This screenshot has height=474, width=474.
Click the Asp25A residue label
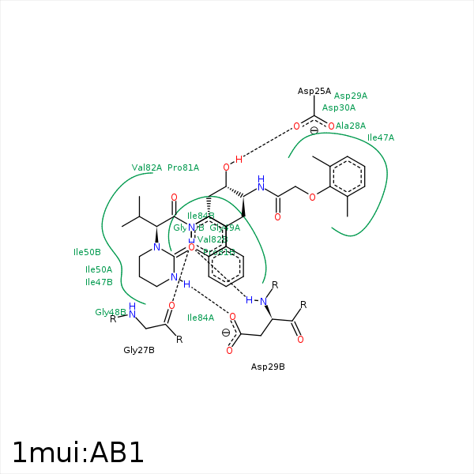314,91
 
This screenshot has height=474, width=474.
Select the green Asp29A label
350,96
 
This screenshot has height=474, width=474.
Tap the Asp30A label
339,107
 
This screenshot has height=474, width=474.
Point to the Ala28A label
351,126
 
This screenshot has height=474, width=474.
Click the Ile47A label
381,137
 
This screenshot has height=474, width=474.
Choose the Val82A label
147,167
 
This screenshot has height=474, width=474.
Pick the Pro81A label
183,167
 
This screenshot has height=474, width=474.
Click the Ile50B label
87,252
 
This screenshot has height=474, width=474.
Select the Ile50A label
99,269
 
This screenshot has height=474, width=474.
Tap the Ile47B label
99,282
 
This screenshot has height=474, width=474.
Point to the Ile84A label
201,318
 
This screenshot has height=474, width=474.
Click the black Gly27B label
139,349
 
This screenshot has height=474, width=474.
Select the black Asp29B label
268,367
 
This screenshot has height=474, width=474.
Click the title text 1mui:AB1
78,452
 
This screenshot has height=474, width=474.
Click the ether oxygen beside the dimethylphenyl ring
313,197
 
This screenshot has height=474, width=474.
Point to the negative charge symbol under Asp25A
314,130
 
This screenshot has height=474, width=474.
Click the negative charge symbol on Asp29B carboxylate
226,333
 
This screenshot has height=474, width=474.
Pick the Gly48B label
110,312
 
